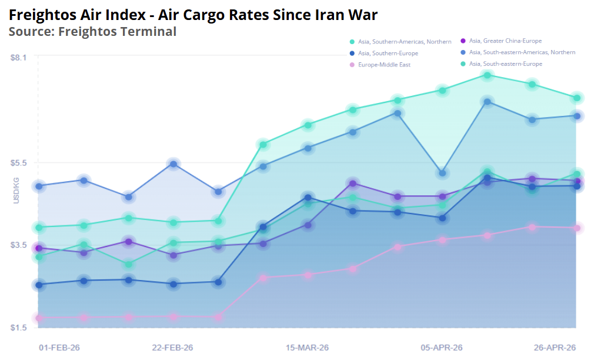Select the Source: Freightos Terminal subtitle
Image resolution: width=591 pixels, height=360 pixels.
[x=92, y=31]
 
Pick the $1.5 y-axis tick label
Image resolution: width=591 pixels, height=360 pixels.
[x=19, y=327]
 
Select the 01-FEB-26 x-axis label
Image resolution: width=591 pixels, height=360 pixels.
[x=59, y=348]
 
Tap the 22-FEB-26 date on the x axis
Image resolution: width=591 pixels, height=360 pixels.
[x=173, y=348]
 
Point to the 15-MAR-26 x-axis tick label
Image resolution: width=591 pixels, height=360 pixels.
[x=308, y=348]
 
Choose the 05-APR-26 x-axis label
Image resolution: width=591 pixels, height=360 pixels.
[x=442, y=348]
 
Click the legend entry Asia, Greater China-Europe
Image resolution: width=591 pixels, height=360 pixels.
[x=505, y=41]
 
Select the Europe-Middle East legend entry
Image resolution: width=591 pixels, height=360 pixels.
[x=384, y=65]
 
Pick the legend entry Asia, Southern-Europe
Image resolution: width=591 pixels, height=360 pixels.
[x=388, y=54]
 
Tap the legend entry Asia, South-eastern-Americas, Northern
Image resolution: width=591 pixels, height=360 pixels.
[x=522, y=52]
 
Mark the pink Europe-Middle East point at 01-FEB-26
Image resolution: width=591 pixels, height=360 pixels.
[x=39, y=318]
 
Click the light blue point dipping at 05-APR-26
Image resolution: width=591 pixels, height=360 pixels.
[x=442, y=173]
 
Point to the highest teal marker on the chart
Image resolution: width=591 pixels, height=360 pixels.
[x=487, y=75]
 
